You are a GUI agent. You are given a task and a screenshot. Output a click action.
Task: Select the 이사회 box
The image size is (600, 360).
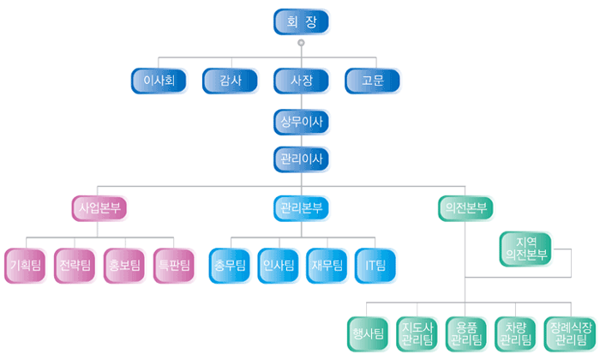[x=159, y=81]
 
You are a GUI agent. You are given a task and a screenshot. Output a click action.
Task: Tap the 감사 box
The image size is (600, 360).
[x=231, y=81]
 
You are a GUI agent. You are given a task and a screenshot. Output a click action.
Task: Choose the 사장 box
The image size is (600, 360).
[x=301, y=81]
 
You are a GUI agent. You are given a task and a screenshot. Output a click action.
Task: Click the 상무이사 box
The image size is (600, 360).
[x=301, y=122]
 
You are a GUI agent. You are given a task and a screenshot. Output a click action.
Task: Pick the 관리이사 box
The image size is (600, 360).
[x=301, y=159]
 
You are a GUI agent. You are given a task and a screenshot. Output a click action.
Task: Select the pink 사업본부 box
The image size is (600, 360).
[x=98, y=207]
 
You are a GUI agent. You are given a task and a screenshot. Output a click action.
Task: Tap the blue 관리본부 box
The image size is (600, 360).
[x=301, y=207]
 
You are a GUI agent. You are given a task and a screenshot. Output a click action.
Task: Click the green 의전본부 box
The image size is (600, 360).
[x=466, y=207]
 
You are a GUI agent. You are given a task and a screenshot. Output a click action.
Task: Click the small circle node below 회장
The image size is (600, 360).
[x=301, y=43]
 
